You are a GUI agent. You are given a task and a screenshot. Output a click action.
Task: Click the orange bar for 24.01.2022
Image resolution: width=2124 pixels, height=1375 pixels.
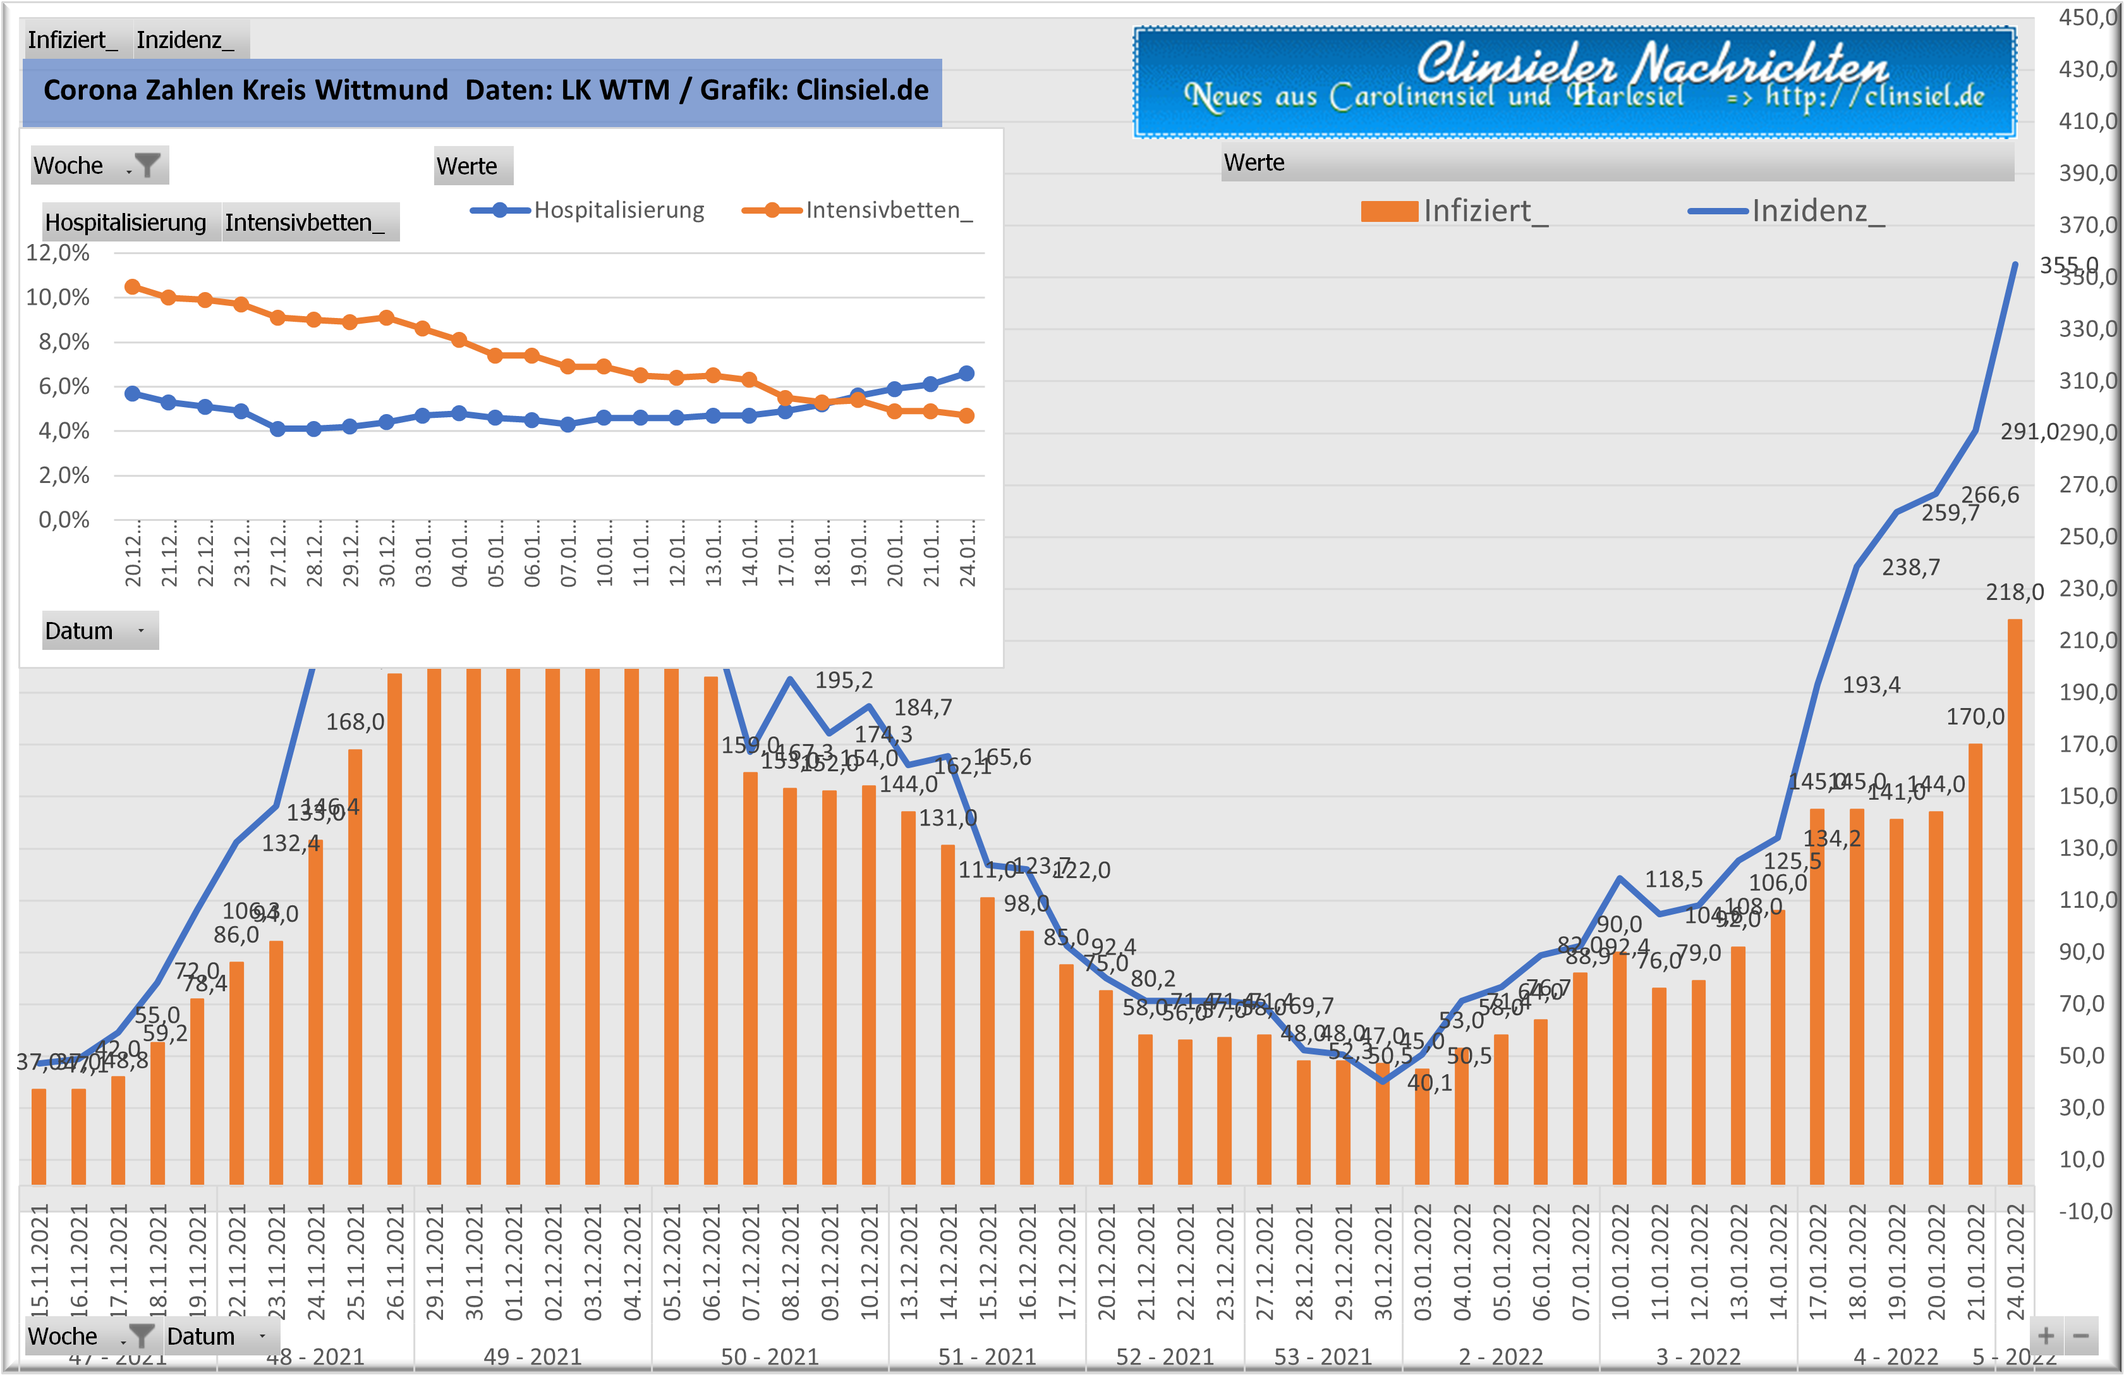pyautogui.click(x=2014, y=901)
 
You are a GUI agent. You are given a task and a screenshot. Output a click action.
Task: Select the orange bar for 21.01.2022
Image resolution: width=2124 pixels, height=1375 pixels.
pyautogui.click(x=1975, y=964)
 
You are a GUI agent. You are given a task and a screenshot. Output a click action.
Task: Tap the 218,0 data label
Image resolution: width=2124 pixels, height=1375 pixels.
pyautogui.click(x=2014, y=592)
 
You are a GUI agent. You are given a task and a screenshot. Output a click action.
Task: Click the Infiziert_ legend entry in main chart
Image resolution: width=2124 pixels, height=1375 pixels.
pyautogui.click(x=1455, y=211)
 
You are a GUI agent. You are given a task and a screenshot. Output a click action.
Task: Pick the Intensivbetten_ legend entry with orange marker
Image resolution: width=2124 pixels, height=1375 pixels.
pyautogui.click(x=858, y=210)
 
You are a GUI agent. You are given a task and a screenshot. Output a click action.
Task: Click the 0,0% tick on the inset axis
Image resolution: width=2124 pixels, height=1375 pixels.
pyautogui.click(x=63, y=520)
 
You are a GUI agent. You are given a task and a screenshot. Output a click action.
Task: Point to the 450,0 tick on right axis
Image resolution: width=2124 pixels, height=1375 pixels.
pyautogui.click(x=2087, y=17)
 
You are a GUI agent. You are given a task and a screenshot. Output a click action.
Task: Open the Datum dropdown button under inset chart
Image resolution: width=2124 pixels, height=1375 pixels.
pyautogui.click(x=141, y=630)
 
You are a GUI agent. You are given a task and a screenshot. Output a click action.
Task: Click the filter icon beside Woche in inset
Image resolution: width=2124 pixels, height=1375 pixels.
pyautogui.click(x=147, y=165)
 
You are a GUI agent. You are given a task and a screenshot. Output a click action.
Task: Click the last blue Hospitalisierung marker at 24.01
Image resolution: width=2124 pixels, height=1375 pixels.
pyautogui.click(x=966, y=373)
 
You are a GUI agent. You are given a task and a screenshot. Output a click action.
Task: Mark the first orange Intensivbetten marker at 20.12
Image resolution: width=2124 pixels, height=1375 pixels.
pyautogui.click(x=132, y=286)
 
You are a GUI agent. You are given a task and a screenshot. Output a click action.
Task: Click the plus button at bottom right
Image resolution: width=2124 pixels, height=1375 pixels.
pyautogui.click(x=2046, y=1336)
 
